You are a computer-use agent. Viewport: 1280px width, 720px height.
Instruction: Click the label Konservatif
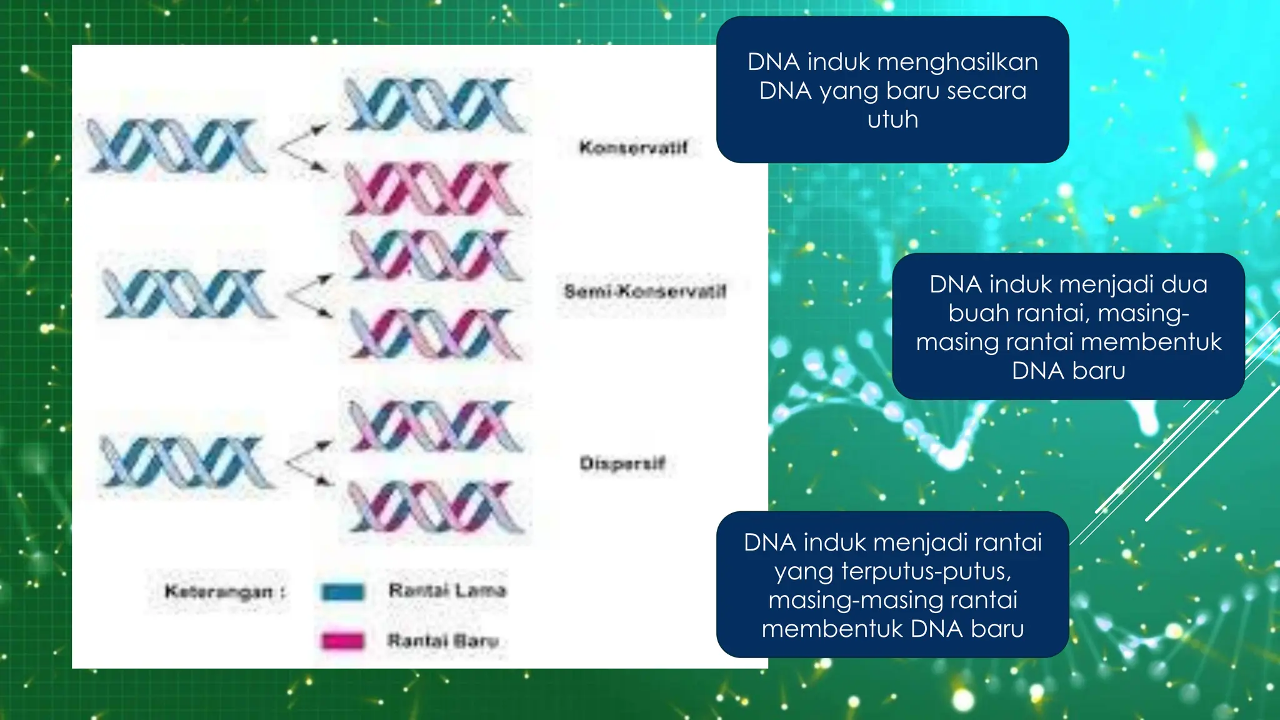[633, 147]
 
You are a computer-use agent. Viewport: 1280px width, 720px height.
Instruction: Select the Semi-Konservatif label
[644, 291]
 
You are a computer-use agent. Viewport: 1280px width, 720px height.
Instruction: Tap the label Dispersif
[622, 463]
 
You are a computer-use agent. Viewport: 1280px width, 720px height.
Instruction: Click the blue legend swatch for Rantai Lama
[342, 591]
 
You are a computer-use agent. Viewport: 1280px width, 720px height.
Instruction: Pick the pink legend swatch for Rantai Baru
[342, 641]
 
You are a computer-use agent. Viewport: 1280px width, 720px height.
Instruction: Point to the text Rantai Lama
[447, 590]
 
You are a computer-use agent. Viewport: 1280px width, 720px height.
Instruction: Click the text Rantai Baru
[442, 641]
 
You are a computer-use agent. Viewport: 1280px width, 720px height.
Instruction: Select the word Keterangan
[218, 591]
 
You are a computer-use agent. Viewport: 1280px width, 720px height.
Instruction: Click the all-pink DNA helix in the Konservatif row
[435, 188]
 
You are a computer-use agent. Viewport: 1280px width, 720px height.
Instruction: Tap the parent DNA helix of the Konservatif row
[176, 146]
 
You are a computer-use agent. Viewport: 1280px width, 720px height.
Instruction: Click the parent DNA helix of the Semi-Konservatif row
[187, 293]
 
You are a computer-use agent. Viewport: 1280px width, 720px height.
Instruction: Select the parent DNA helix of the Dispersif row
[186, 462]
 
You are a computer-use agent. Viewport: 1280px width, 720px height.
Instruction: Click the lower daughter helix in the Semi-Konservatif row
[435, 335]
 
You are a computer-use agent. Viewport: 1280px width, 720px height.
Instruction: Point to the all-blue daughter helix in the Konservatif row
[435, 105]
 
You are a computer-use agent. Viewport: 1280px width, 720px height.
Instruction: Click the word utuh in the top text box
[892, 119]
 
